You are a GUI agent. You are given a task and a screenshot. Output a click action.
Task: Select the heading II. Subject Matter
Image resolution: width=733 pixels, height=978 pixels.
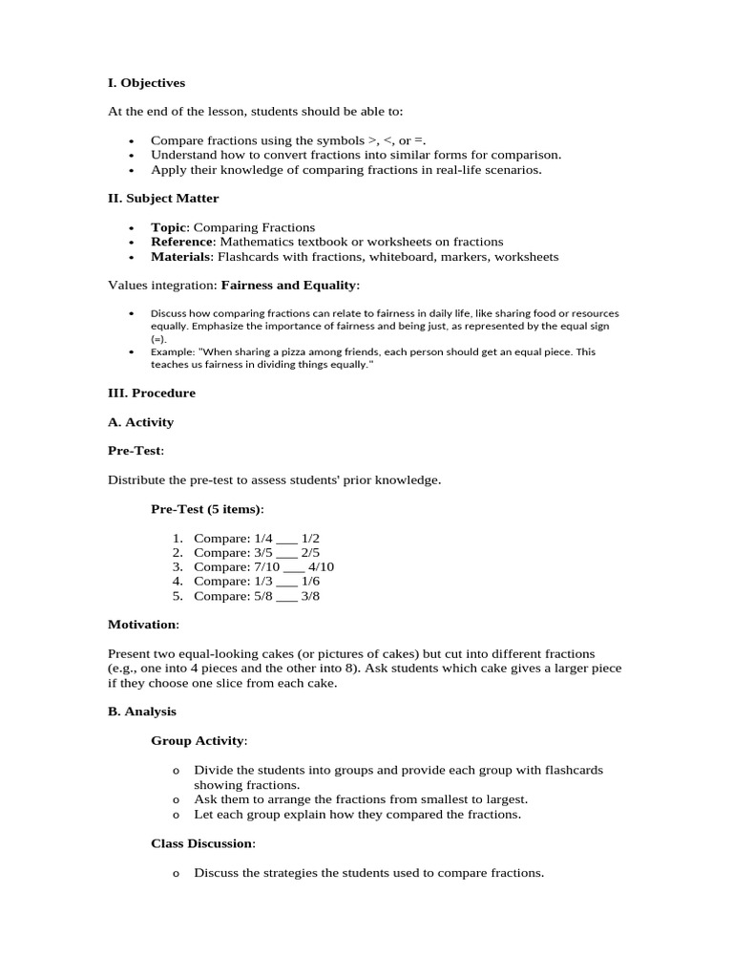point(163,199)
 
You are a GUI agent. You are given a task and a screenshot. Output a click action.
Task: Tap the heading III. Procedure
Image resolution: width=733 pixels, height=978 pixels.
point(152,393)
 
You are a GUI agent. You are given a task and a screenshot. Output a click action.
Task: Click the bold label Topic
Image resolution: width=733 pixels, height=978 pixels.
point(170,227)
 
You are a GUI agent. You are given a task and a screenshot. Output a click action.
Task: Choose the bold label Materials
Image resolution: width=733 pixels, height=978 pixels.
point(181,256)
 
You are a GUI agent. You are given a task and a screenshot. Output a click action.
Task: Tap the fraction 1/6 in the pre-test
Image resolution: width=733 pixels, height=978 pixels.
point(310,581)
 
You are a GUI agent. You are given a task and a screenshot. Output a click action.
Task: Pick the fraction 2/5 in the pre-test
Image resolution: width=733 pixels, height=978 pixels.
point(310,552)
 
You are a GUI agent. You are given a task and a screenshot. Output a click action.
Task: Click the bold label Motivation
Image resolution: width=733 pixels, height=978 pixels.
point(142,624)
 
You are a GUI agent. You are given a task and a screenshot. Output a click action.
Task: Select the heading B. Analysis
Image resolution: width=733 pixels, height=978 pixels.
point(142,712)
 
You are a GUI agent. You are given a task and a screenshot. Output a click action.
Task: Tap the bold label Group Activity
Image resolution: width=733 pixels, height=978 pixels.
point(198,740)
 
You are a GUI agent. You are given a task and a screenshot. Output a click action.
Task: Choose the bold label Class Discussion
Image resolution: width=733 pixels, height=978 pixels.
point(201,843)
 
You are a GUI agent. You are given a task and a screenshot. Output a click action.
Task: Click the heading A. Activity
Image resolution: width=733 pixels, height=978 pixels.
point(140,422)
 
